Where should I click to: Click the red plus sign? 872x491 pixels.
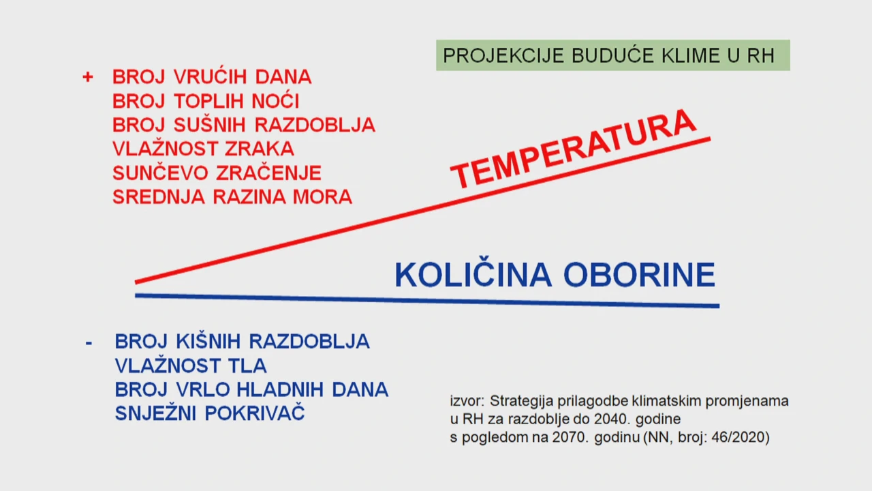click(88, 77)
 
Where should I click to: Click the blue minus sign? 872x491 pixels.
click(89, 343)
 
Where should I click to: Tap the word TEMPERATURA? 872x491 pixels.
click(573, 149)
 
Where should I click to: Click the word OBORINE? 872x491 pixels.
click(639, 275)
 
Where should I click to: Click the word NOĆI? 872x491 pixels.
click(275, 100)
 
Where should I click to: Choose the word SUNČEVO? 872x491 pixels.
click(160, 172)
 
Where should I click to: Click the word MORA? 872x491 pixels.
click(322, 197)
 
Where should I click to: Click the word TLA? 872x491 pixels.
click(247, 366)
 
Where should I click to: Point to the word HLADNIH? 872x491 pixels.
click(280, 389)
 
